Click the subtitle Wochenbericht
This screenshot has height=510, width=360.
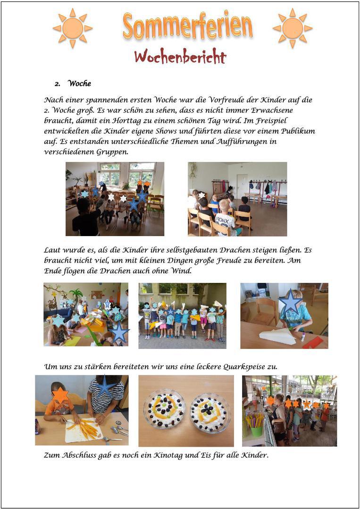180,57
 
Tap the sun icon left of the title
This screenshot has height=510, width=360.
73,28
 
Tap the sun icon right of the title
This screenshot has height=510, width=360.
293,28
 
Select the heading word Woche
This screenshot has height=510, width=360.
79,84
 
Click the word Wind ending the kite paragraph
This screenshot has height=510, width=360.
182,271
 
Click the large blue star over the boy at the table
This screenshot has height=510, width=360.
290,302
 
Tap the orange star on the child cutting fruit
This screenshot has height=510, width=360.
60,395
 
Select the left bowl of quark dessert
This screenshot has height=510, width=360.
164,409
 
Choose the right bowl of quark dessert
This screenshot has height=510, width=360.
210,412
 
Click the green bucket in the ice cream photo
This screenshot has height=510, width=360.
257,430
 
